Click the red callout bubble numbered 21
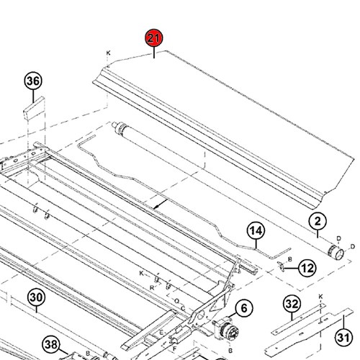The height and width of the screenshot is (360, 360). (x=154, y=38)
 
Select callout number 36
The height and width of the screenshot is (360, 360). (x=33, y=81)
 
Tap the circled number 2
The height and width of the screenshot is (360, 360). (x=318, y=221)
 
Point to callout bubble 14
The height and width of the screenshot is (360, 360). (x=256, y=230)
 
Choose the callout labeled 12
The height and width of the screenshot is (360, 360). (x=307, y=268)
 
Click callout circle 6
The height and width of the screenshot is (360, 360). (x=244, y=308)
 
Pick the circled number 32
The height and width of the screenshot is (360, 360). (x=292, y=305)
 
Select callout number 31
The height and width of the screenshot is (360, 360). (x=343, y=337)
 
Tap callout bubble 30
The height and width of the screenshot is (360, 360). (x=36, y=297)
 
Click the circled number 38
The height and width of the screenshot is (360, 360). (x=51, y=344)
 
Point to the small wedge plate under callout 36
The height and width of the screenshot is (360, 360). (x=35, y=109)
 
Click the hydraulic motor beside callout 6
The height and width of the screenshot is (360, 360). (x=225, y=329)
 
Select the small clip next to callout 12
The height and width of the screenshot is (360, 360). (x=281, y=266)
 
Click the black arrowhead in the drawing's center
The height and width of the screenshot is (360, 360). (x=156, y=206)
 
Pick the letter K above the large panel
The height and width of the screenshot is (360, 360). (x=108, y=53)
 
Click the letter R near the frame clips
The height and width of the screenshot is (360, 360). (x=152, y=288)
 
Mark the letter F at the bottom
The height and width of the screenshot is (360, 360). (x=175, y=348)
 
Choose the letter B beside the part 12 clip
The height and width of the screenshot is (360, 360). (x=290, y=259)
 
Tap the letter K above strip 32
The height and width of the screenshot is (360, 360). (x=321, y=297)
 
